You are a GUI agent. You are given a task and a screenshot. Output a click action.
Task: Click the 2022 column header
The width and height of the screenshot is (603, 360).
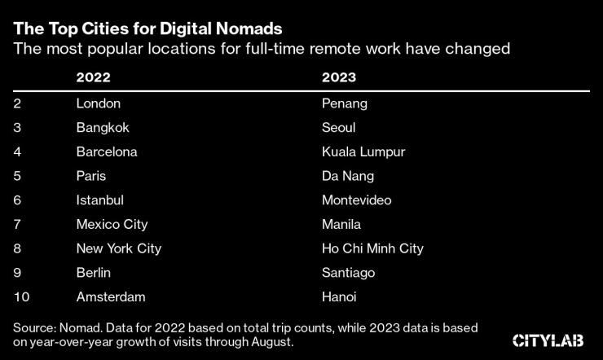coord(93,78)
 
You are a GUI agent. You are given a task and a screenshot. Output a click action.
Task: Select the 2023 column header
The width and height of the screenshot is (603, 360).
coord(340,78)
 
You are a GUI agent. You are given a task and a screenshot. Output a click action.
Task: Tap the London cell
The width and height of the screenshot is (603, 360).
coord(98,103)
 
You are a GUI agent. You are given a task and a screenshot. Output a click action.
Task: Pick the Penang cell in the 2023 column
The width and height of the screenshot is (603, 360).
coord(346,103)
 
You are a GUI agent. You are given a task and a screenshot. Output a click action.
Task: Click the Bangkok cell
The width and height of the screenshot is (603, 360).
coord(103,128)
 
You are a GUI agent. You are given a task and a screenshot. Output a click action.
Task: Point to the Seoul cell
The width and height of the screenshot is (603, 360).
coord(339,128)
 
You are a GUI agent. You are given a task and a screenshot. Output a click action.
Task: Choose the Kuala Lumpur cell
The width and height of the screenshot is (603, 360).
coord(363,151)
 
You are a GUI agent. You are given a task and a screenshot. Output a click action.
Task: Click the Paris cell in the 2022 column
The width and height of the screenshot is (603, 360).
coord(91,176)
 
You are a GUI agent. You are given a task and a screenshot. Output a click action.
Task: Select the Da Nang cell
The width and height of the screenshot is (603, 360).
coord(349,176)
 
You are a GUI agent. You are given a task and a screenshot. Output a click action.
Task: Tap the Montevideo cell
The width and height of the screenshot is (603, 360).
coord(357,200)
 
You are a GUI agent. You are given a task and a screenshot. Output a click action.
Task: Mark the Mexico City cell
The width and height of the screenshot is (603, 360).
coord(112,224)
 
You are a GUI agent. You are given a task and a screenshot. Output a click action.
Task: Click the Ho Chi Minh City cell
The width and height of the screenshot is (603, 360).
coord(373,248)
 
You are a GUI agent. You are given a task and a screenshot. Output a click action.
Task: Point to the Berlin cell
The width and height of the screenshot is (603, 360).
coord(93,272)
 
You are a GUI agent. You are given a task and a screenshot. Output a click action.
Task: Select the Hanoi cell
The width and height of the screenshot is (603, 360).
coord(340,296)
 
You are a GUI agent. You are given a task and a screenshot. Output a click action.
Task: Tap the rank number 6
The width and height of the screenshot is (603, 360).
coord(17,200)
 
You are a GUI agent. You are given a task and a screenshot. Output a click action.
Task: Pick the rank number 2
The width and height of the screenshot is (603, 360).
coord(17,103)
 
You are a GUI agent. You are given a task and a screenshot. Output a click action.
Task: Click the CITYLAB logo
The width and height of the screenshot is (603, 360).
coord(550,340)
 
